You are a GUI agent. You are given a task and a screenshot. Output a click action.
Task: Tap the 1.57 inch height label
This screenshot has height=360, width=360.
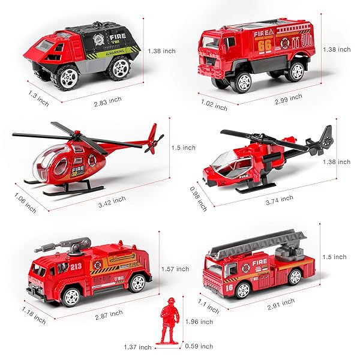175,269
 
